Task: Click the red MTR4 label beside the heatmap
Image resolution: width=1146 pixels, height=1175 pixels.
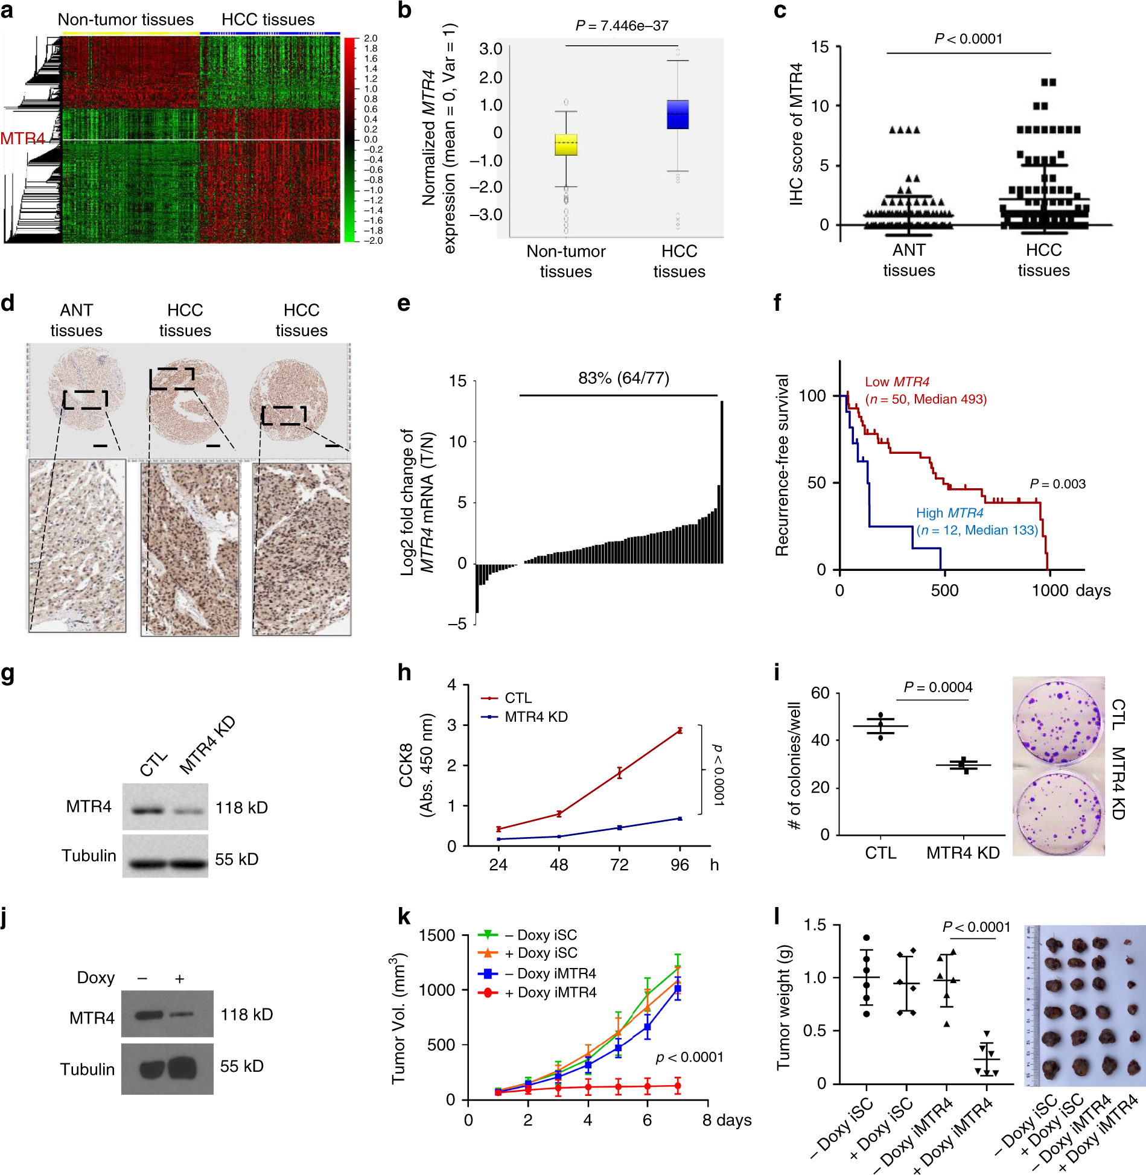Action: click(22, 139)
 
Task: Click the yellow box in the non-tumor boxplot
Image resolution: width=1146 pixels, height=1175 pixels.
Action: click(566, 145)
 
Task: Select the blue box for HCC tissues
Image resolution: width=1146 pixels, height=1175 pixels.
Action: click(678, 115)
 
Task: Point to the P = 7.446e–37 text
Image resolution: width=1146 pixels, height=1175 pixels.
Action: click(622, 26)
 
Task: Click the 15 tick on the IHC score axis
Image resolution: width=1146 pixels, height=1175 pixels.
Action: click(820, 47)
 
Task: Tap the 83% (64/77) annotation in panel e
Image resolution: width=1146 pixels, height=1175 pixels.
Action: click(623, 378)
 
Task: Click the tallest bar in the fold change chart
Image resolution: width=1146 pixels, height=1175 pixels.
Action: click(722, 483)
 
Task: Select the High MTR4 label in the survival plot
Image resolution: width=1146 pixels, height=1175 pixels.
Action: click(949, 513)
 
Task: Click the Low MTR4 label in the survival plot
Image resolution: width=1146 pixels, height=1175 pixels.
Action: click(897, 382)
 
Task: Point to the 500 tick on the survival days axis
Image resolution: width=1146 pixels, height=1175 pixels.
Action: click(944, 590)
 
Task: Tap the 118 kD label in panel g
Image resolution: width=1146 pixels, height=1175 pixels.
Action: click(241, 807)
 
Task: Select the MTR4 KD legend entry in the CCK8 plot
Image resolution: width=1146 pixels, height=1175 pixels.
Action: click(535, 717)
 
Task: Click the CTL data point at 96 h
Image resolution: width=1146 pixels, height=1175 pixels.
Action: click(680, 730)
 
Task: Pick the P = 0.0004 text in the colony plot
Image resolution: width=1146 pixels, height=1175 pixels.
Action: click(938, 687)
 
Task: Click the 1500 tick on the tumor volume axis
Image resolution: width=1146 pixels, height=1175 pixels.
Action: click(437, 936)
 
